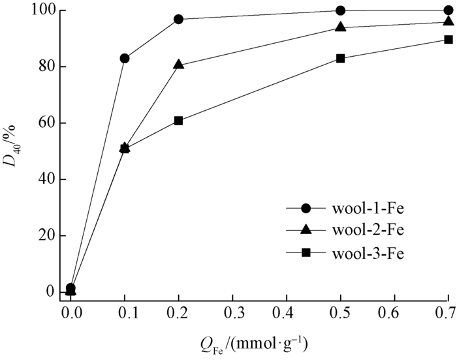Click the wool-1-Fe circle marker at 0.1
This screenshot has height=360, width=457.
[125, 58]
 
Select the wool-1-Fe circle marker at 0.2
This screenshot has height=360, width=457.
[179, 19]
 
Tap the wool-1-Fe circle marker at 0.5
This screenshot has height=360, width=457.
[340, 10]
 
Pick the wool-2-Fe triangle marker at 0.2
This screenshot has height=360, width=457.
[179, 65]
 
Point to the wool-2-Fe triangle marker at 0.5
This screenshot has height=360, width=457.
[340, 27]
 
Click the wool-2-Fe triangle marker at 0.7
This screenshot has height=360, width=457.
[449, 22]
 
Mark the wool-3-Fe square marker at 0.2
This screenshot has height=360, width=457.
[179, 121]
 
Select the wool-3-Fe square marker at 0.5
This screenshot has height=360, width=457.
[340, 58]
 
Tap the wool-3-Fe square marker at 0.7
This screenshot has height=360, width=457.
[449, 39]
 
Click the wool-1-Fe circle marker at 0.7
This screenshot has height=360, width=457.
[449, 10]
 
